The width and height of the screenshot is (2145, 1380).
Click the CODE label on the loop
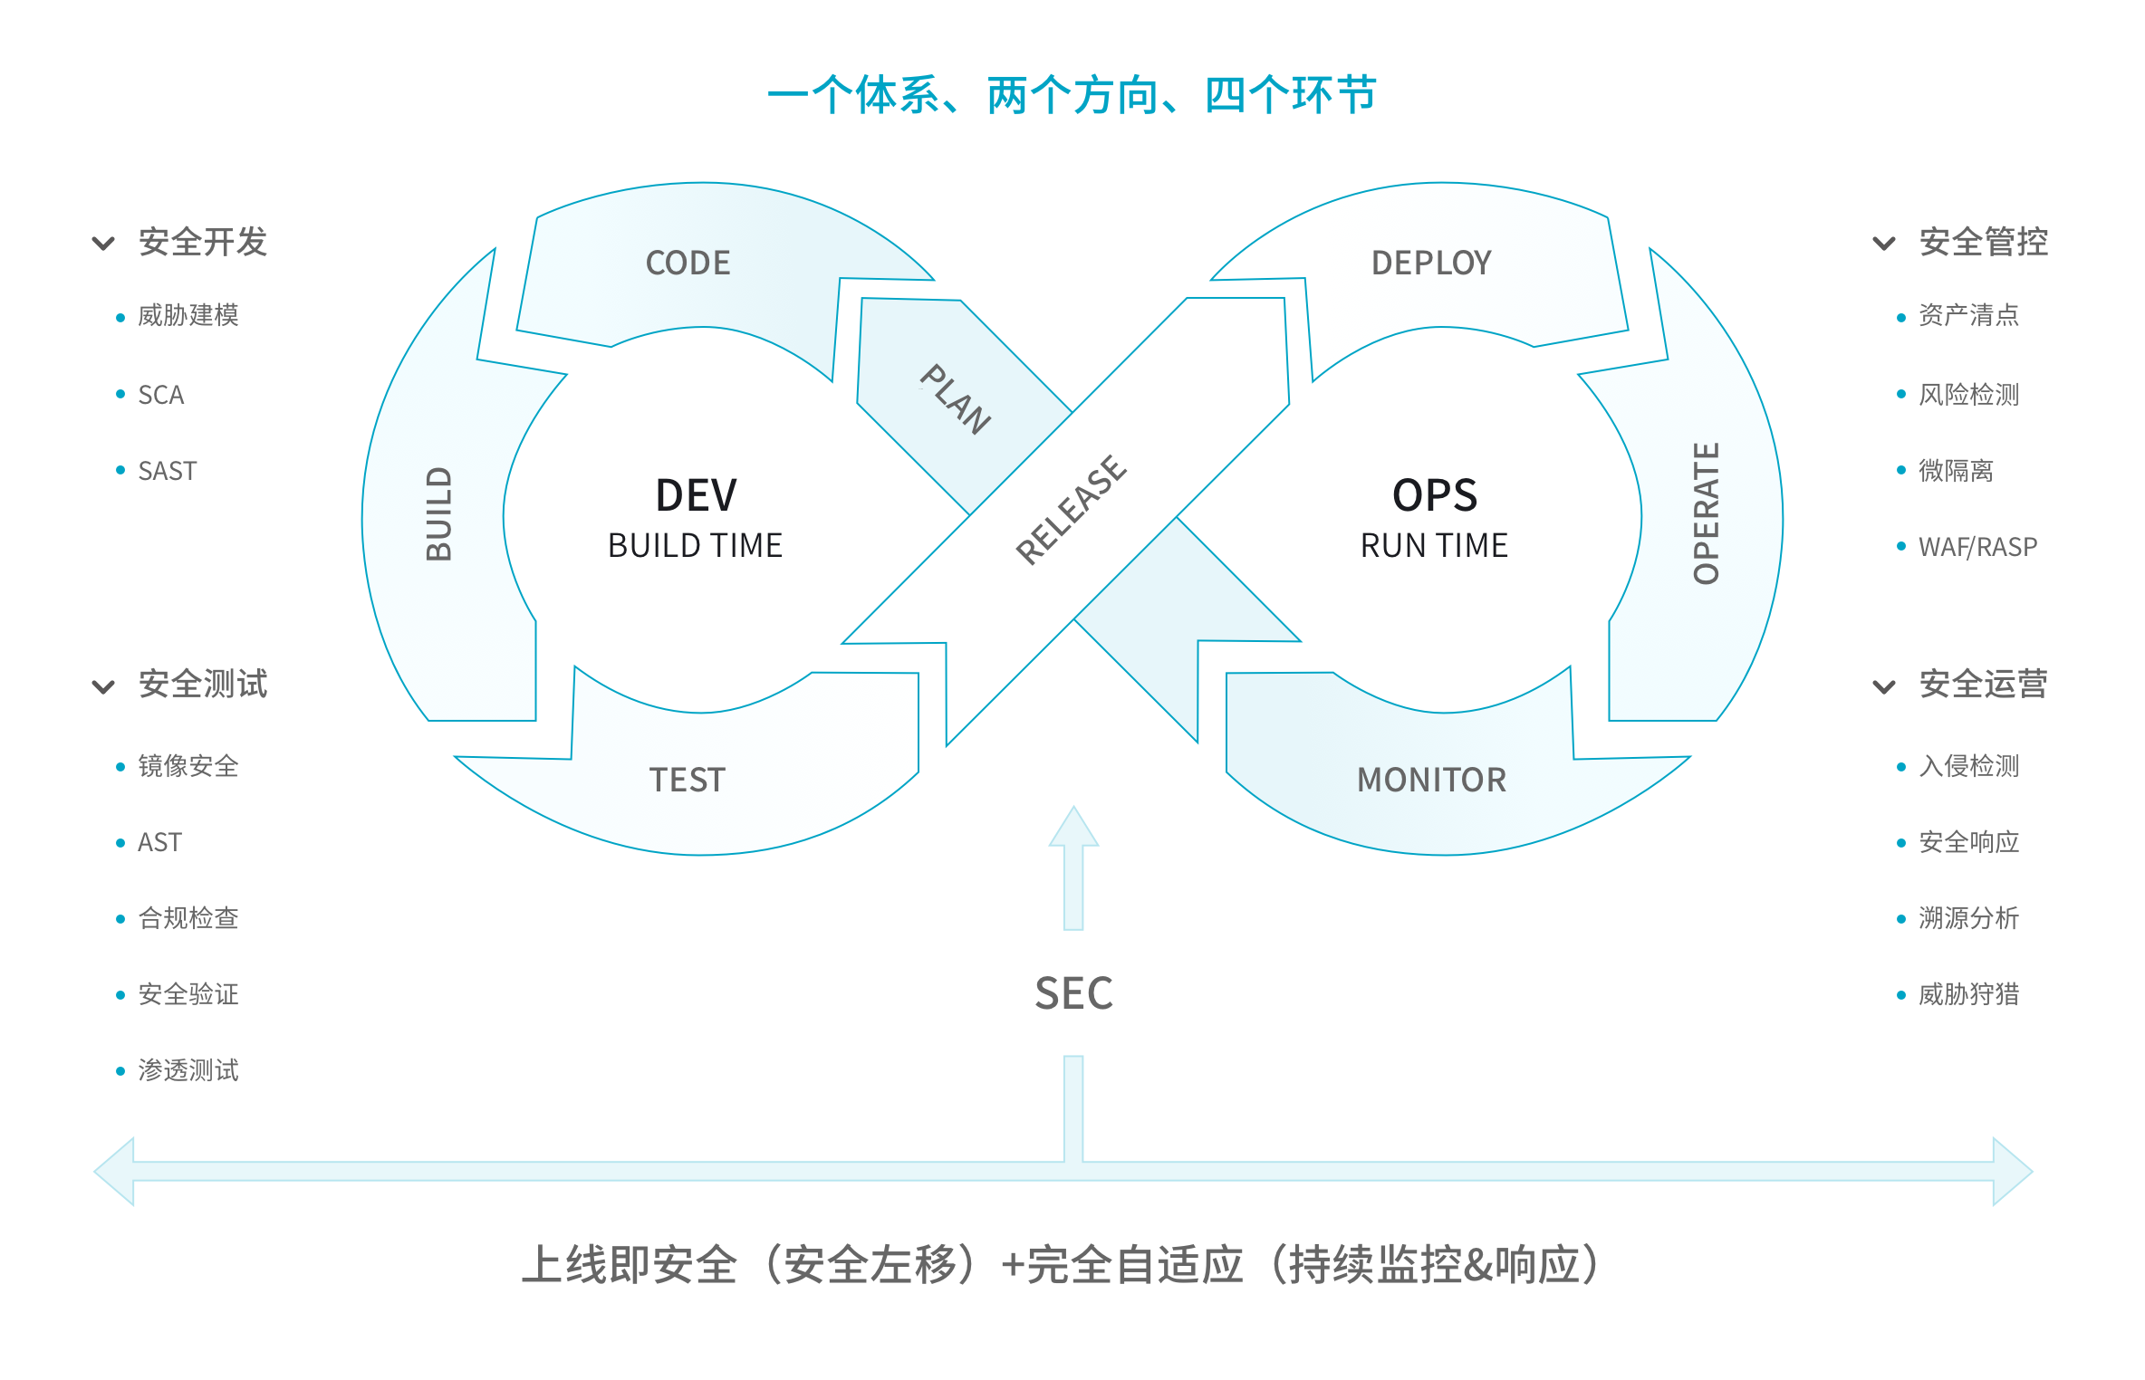688,263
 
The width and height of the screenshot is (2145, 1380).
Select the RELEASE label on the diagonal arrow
1072,510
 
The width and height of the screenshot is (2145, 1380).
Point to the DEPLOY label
1431,263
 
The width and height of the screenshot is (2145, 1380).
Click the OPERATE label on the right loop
1706,513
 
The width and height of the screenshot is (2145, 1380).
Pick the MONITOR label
1431,780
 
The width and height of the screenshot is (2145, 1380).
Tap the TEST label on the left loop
688,780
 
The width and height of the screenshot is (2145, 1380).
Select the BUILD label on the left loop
439,513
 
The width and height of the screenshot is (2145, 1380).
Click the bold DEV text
696,495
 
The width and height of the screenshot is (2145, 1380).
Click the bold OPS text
1435,495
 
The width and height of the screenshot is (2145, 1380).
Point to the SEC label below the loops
1073,993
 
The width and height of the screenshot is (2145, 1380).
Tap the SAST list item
168,471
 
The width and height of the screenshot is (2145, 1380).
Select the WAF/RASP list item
1977,547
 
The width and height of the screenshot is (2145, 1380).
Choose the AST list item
159,842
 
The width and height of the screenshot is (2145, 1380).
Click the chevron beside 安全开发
104,243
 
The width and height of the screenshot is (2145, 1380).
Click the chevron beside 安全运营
1884,686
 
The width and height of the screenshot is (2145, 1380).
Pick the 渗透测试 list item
188,1070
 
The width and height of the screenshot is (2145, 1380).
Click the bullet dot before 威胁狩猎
1901,995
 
